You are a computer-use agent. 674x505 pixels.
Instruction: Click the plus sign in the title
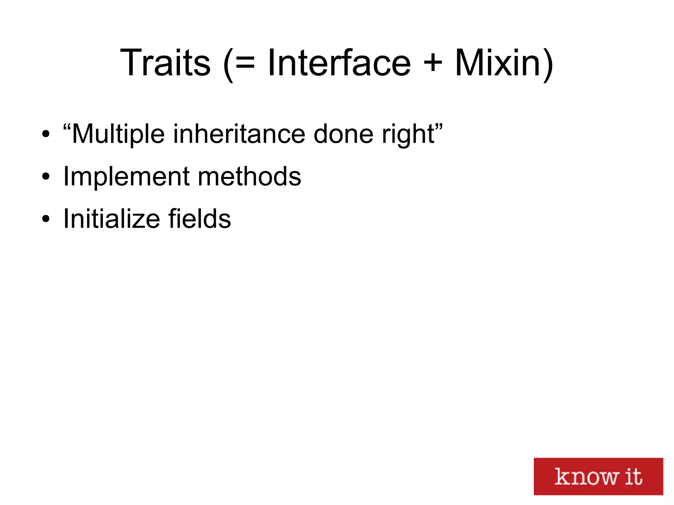(x=433, y=63)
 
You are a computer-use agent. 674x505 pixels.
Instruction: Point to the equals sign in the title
(x=245, y=63)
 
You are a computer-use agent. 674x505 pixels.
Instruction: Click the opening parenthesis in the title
(x=228, y=64)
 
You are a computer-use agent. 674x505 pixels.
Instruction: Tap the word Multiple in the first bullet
(x=118, y=134)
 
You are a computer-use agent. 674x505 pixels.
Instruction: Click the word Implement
(x=126, y=177)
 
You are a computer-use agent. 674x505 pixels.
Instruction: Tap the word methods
(x=249, y=177)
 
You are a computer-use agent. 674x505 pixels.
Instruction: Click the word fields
(x=199, y=219)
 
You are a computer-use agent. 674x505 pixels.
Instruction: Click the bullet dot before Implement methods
(x=46, y=177)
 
